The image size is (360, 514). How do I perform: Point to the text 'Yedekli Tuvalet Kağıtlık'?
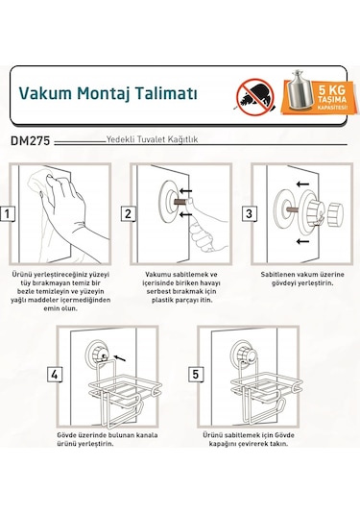click(154, 140)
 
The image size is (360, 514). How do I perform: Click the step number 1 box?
click(7, 213)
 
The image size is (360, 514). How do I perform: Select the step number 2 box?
click(127, 213)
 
